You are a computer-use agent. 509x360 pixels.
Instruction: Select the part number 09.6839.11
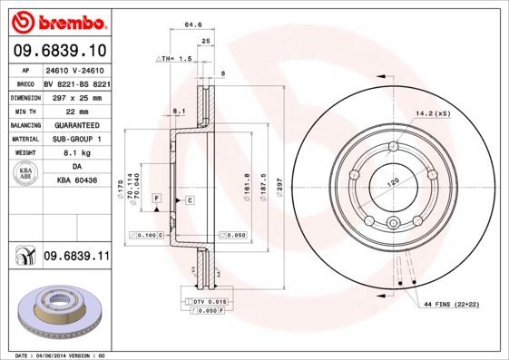[x=76, y=257]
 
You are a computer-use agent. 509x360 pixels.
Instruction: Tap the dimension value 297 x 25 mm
[x=76, y=97]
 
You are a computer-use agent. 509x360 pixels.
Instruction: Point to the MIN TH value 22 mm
[x=76, y=111]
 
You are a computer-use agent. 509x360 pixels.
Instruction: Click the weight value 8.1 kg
[x=76, y=153]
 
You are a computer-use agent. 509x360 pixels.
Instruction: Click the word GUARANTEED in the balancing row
[x=76, y=125]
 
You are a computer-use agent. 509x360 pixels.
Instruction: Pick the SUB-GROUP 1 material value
[x=76, y=139]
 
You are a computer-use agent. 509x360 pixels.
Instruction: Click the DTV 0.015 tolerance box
[x=207, y=301]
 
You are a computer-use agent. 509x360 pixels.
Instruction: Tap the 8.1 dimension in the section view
[x=179, y=112]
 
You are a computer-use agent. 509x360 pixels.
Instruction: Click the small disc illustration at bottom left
[x=55, y=311]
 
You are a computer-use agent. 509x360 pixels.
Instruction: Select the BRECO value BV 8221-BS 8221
[x=76, y=83]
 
